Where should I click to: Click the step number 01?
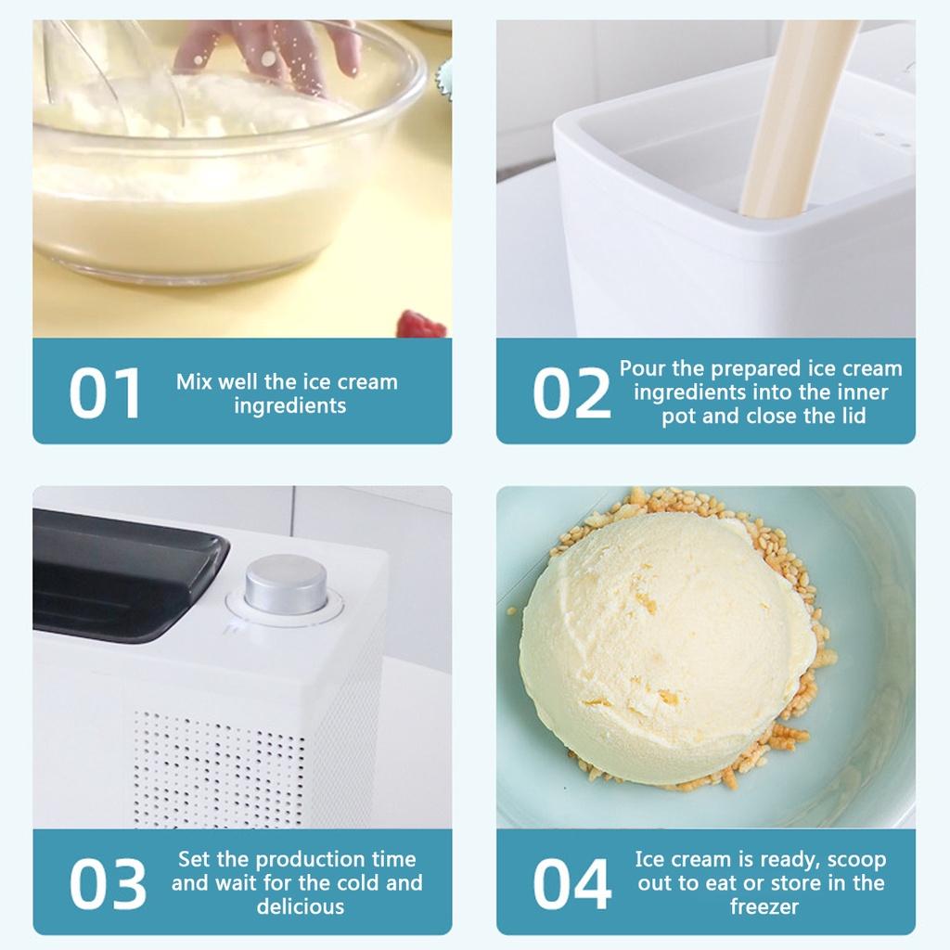coord(105,392)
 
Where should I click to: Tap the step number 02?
coord(571,393)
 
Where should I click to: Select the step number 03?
coord(107,884)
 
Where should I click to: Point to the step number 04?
coord(571,884)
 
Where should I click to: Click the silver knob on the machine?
coord(286,584)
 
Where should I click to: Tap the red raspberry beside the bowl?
coord(422,326)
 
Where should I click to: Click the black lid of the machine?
coord(121,575)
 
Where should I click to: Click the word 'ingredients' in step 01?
coord(290,405)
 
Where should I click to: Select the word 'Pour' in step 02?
coord(643,368)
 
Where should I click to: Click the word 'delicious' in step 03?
coord(300,907)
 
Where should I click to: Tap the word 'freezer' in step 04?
coord(764,907)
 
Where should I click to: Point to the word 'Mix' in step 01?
coord(194,381)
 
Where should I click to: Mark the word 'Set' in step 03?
coord(196,859)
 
